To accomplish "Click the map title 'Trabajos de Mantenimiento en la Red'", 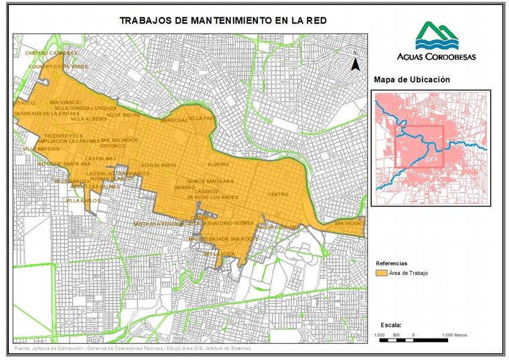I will point(223,20).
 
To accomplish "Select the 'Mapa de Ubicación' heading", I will point(411,80).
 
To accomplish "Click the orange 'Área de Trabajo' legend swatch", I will point(382,274).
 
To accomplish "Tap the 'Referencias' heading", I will point(391,263).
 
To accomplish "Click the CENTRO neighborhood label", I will point(277,194).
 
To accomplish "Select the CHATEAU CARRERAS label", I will point(51,52).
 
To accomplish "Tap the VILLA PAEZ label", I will point(202,118).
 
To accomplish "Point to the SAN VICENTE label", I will point(349,223).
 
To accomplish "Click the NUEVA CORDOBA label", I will point(277,227).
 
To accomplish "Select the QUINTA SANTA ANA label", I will point(210,181).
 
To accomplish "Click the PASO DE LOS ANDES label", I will point(212,197).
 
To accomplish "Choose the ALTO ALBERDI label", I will point(159,165).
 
